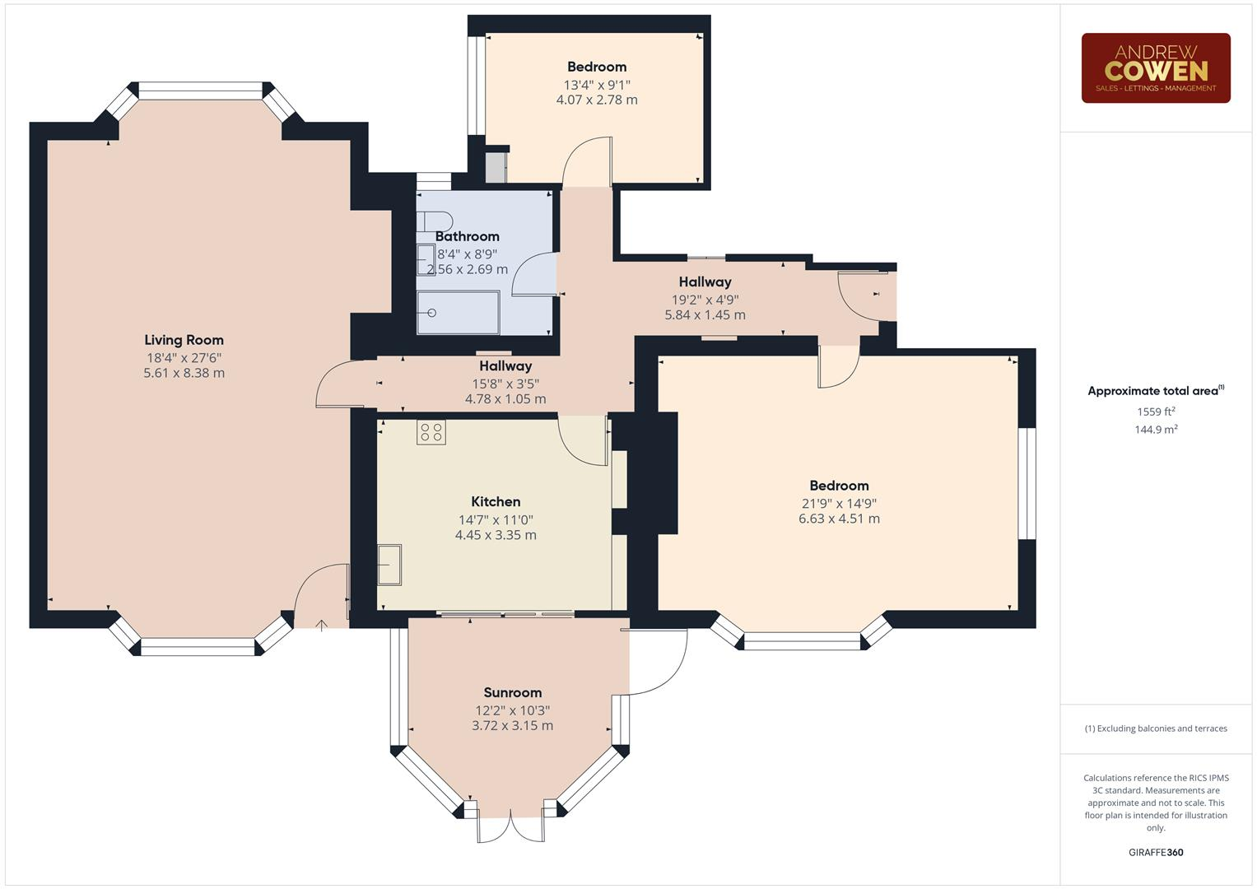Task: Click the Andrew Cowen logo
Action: [x=1155, y=67]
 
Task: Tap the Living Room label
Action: [x=184, y=340]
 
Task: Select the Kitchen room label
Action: [x=496, y=501]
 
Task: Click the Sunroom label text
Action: [x=512, y=692]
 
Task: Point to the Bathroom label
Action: [x=467, y=236]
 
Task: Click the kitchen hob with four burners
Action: [x=431, y=432]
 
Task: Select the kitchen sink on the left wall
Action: [x=389, y=565]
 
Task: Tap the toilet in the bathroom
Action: [x=435, y=221]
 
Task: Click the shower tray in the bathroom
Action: [x=458, y=313]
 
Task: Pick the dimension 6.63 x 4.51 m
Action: [x=839, y=519]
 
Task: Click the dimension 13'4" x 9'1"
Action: [x=597, y=85]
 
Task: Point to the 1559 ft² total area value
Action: [x=1156, y=412]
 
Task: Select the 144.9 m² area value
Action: [x=1156, y=430]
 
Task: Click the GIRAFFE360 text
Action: [x=1156, y=852]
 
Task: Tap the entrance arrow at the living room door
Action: [x=321, y=626]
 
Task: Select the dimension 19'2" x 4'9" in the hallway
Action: [x=705, y=300]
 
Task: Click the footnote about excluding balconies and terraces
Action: [x=1156, y=728]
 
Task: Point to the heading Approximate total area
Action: [x=1154, y=391]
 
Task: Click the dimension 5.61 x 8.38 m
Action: [x=184, y=373]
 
